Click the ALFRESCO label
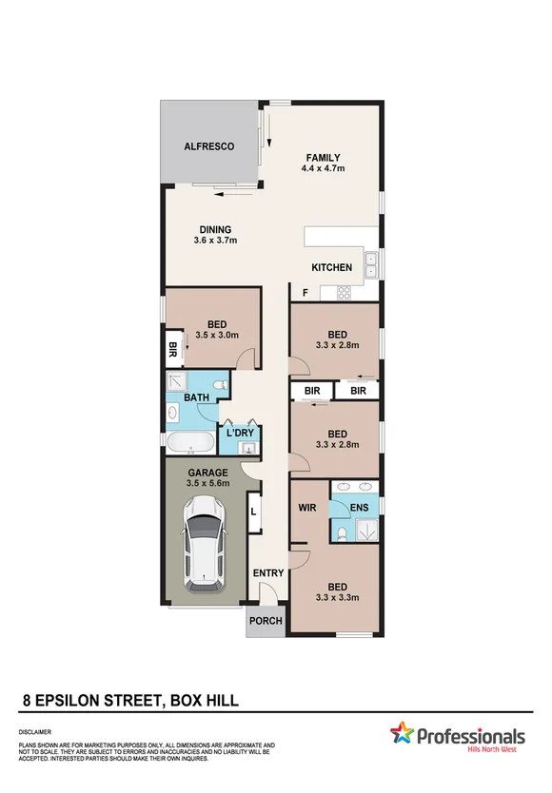208,146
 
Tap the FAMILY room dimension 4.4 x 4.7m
323,168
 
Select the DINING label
215,229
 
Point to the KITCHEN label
331,268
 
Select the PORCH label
266,621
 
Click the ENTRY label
268,573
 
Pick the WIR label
307,508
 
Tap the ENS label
359,508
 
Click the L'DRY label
240,434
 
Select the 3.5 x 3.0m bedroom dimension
216,335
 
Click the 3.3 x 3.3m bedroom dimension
337,598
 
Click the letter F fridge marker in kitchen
306,293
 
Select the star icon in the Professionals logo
403,733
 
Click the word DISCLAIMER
36,733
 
